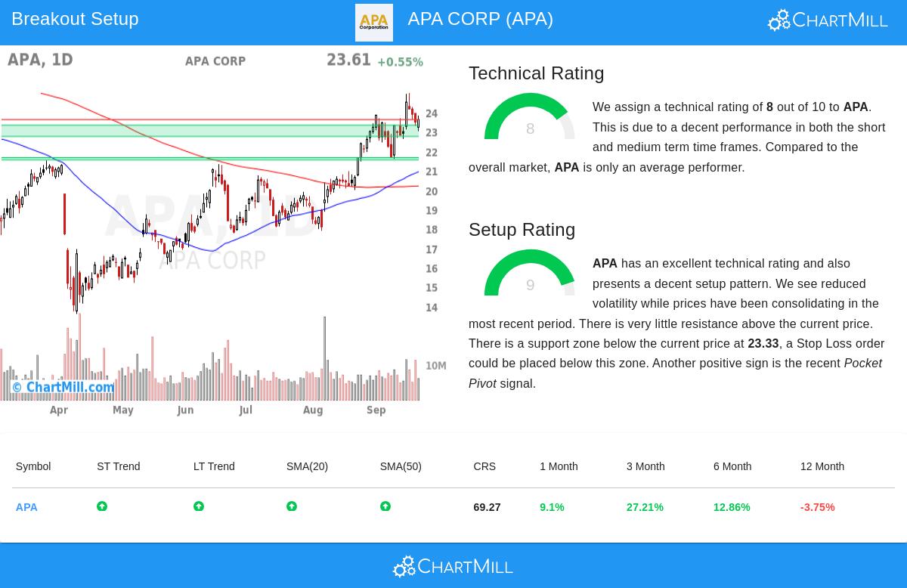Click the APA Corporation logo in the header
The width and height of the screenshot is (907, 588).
[x=373, y=23]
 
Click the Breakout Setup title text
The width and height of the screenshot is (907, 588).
[x=75, y=19]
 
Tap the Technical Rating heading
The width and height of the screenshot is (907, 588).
[x=536, y=73]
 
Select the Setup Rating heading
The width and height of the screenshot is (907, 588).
[x=522, y=230]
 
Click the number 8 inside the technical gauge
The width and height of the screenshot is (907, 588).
[x=530, y=129]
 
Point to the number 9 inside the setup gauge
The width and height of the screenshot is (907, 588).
[x=530, y=286]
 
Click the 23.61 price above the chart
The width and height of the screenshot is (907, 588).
[x=348, y=60]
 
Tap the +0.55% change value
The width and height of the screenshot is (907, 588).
[x=400, y=62]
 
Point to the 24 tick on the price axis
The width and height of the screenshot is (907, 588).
[x=432, y=114]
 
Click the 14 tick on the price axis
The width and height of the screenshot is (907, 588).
[x=432, y=308]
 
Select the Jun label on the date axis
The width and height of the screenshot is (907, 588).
[x=185, y=410]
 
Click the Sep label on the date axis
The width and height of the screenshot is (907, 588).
[x=376, y=410]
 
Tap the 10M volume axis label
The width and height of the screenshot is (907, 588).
[x=435, y=366]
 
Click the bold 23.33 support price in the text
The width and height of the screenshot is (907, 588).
[x=763, y=344]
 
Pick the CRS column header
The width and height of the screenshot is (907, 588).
[x=484, y=466]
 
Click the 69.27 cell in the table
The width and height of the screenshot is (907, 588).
[x=487, y=507]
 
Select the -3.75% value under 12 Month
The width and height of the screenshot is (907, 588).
[x=817, y=507]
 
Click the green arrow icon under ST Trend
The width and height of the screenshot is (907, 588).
[x=102, y=506]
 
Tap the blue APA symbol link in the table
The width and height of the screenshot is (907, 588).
[x=26, y=507]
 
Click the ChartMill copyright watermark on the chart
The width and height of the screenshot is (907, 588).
[x=63, y=388]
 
